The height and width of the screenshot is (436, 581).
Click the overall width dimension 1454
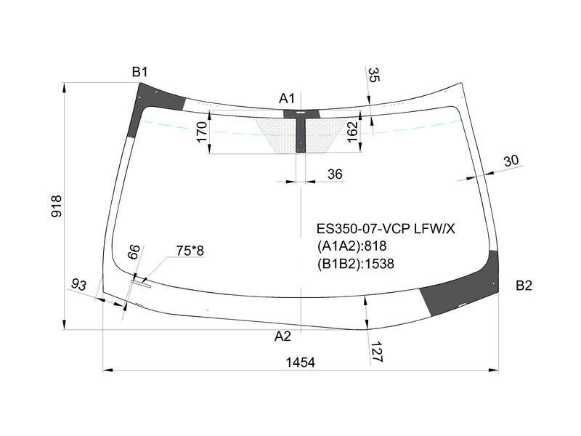[x=300, y=362]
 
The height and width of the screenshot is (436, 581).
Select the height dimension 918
[x=57, y=206]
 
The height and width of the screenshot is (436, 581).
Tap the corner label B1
[x=139, y=72]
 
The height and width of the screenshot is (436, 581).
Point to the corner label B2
[x=524, y=286]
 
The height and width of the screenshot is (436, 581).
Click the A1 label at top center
[x=287, y=99]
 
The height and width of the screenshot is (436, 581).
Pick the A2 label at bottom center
[x=283, y=336]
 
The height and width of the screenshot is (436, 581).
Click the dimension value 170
[x=202, y=132]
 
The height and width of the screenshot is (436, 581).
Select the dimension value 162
[x=352, y=132]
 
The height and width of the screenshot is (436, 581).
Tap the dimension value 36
[x=335, y=174]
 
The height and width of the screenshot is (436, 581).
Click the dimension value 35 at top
[x=374, y=75]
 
